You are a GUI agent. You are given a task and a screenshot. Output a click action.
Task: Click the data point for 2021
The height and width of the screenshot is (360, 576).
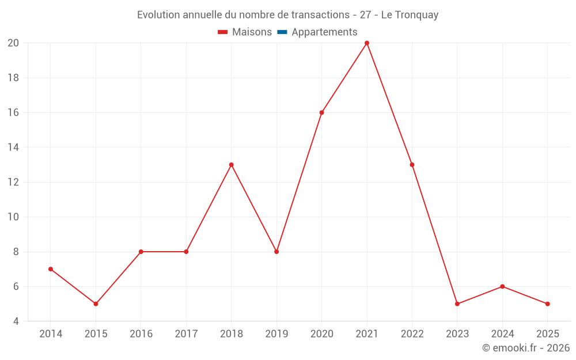[367, 43]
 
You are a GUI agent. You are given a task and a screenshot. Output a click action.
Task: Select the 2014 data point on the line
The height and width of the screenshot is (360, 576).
[51, 269]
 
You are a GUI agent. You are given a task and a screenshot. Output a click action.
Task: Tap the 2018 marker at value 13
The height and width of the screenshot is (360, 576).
[232, 165]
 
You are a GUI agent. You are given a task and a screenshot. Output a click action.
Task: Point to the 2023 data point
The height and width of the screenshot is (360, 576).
[457, 304]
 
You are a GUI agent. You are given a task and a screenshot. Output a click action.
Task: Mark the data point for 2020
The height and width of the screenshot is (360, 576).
[321, 112]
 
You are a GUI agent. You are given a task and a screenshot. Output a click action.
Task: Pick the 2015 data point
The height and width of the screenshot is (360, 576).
[96, 304]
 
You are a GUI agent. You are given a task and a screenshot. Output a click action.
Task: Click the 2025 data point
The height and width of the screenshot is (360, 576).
[547, 304]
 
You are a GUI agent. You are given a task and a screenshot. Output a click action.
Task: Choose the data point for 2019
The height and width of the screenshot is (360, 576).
[276, 252]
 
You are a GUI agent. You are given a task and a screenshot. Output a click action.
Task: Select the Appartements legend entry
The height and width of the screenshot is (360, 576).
[324, 32]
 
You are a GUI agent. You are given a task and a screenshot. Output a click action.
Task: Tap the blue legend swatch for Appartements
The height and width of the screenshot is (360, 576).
[282, 32]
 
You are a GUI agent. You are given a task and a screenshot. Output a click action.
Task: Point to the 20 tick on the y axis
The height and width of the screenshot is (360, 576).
[13, 43]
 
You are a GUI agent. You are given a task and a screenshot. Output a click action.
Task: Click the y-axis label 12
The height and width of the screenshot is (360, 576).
[13, 182]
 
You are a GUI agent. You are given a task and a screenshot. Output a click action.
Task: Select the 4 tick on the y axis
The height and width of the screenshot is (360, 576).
[16, 321]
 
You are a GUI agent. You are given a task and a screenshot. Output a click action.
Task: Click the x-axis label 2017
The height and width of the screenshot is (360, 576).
[186, 334]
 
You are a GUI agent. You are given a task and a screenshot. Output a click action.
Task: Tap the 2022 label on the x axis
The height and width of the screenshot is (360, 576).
[412, 334]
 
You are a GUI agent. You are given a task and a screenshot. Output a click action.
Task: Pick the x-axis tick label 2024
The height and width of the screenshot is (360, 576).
[502, 334]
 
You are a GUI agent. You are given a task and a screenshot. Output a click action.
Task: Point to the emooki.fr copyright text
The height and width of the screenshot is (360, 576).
[525, 348]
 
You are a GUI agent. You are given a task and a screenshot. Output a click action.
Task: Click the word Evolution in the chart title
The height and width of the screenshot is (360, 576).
[158, 15]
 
